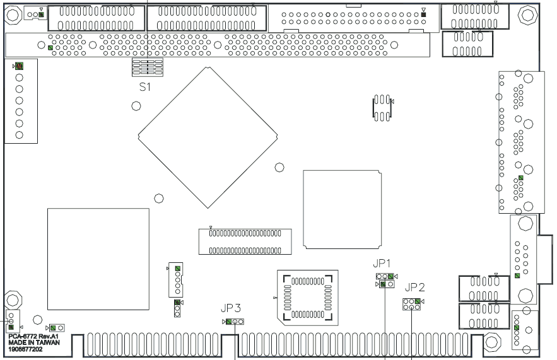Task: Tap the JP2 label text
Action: click(414, 287)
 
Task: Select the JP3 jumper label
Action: click(230, 308)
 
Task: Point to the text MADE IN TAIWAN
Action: click(34, 342)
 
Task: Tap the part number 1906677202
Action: click(26, 348)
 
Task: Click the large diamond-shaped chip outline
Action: click(208, 136)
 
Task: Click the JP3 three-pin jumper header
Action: click(234, 321)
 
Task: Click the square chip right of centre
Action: click(341, 207)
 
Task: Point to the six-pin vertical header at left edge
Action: click(19, 100)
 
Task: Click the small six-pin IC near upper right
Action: click(381, 108)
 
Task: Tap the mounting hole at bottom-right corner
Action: click(493, 341)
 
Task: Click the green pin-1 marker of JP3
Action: click(228, 321)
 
